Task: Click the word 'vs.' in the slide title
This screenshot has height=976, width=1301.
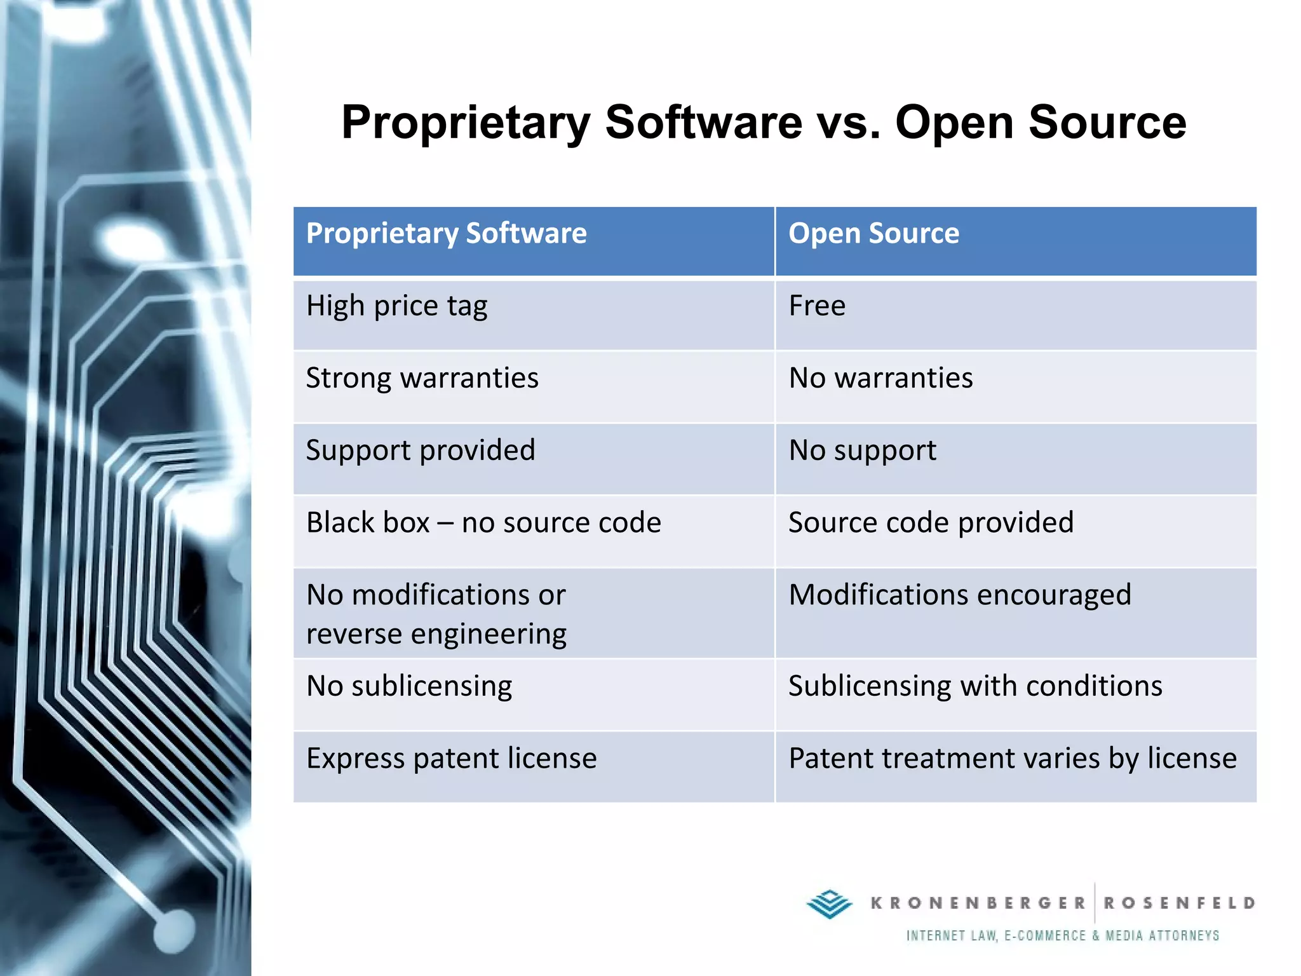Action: click(849, 123)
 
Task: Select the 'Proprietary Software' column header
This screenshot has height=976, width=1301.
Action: click(446, 233)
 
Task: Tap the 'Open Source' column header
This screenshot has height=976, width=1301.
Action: click(873, 233)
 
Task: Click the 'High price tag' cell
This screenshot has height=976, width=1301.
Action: click(396, 306)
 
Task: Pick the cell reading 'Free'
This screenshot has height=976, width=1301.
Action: click(817, 306)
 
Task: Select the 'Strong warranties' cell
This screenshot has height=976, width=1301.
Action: click(422, 378)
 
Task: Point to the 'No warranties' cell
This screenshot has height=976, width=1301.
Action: click(880, 378)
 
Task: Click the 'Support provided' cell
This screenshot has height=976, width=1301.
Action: click(421, 451)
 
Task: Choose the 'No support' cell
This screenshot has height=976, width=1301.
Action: click(862, 451)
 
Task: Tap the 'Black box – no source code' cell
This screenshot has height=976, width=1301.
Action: click(483, 523)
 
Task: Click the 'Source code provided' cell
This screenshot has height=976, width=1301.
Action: click(931, 523)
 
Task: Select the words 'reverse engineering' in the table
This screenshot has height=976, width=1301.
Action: click(436, 634)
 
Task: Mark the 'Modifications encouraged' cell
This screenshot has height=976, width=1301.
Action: click(959, 595)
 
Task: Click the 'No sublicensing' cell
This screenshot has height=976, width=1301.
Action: click(409, 686)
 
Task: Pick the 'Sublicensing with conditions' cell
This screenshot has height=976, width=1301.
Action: click(975, 686)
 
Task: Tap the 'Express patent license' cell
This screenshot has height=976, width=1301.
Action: click(451, 759)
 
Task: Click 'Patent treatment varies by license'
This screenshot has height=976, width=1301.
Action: click(1013, 759)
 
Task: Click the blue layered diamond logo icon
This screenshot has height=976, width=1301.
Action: click(829, 904)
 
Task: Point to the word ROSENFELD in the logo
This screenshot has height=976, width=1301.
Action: click(1179, 903)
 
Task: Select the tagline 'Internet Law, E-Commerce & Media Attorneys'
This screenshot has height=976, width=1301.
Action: click(1062, 935)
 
